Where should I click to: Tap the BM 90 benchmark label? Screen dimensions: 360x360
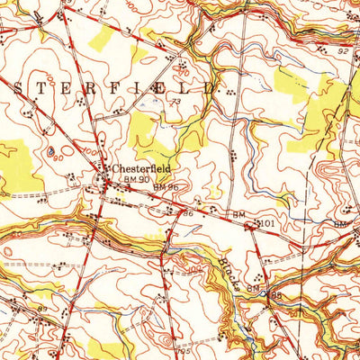tap(135, 179)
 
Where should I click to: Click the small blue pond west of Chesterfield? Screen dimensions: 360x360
tap(50, 150)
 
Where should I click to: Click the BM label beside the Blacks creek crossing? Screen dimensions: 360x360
tap(254, 287)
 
